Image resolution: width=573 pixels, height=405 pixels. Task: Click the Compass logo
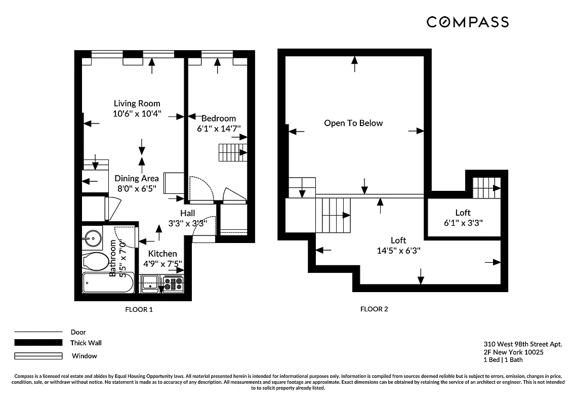tap(467, 22)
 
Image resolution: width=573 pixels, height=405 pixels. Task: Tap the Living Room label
tap(137, 103)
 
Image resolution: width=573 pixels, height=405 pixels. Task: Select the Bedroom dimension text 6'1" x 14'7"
tap(219, 129)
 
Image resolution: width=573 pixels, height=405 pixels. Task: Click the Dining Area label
tap(136, 178)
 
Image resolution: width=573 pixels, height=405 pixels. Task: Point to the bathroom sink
tap(93, 236)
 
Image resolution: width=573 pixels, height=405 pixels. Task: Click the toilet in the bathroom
tap(96, 262)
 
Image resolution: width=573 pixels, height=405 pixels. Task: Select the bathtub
tap(108, 283)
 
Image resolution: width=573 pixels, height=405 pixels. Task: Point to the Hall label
tap(187, 213)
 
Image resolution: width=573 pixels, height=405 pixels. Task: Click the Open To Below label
tap(353, 123)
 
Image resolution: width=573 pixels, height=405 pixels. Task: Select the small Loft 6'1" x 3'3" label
tap(463, 217)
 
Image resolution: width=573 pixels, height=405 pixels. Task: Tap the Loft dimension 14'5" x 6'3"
tap(398, 250)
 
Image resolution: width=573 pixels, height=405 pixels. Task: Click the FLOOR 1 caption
tap(139, 309)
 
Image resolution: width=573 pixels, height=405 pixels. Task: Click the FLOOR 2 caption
tap(374, 309)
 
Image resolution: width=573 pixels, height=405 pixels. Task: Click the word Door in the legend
tap(78, 332)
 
